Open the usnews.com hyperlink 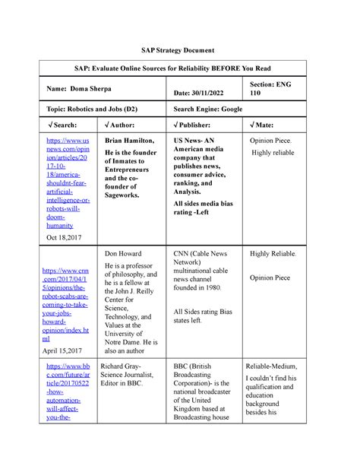click(69, 182)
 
